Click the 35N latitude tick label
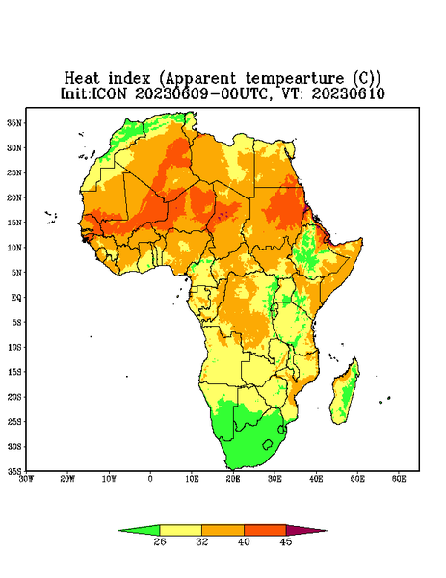tap(14, 122)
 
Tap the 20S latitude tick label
tap(14, 397)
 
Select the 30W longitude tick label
tap(26, 479)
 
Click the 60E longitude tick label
tap(399, 479)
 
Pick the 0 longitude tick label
tap(150, 479)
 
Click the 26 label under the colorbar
tap(160, 541)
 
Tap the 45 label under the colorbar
tap(286, 541)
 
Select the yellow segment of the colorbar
tap(180, 530)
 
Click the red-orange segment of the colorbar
tap(265, 530)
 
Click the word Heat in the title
tap(82, 78)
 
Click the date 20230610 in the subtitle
tap(349, 93)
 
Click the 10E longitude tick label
tap(192, 479)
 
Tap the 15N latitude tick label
tap(14, 223)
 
